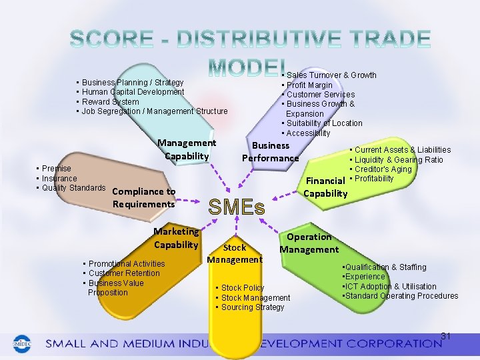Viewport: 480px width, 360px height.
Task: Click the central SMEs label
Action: click(237, 207)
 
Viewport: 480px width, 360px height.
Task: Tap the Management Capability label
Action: click(187, 149)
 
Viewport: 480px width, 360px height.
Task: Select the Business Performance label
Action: click(270, 152)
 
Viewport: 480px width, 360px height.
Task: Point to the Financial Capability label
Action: click(326, 187)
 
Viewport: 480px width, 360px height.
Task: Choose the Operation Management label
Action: click(309, 243)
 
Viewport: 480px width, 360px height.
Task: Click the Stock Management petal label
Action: click(235, 253)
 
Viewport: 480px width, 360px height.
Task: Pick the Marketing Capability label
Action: click(176, 238)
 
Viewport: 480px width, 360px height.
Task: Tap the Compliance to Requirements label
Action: click(144, 198)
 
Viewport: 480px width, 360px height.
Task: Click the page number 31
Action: click(446, 336)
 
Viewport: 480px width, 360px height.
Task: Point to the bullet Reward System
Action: click(110, 102)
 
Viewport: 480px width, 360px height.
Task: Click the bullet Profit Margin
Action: click(309, 85)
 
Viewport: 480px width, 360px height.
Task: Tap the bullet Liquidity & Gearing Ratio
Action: click(399, 160)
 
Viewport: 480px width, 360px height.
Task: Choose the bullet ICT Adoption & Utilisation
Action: click(391, 287)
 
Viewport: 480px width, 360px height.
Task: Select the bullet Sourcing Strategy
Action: click(252, 307)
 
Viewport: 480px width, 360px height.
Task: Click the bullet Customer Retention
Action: click(124, 273)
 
